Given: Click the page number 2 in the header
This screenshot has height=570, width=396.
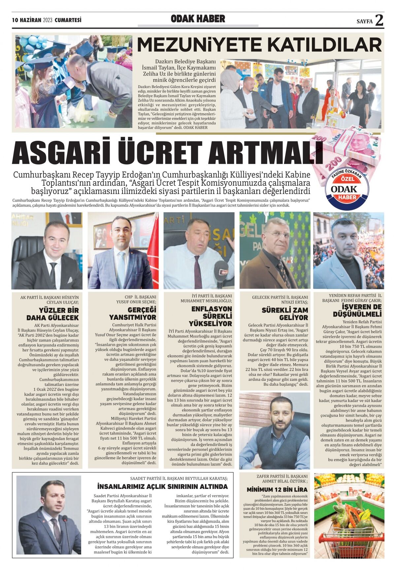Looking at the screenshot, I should pos(379,20).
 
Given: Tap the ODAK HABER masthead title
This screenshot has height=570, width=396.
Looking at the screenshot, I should pos(198,19).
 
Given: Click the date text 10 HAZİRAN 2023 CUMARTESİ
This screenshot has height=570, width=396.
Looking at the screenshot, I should pos(47,20).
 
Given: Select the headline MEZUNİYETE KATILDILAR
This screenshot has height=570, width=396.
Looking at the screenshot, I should pos(259,45).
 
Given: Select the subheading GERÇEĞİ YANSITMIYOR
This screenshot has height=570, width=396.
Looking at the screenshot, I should pos(133,314).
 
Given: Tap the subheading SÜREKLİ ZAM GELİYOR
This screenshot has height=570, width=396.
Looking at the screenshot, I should pos(285,314).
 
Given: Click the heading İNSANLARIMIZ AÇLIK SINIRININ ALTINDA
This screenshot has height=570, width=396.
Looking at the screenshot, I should pos(162,487).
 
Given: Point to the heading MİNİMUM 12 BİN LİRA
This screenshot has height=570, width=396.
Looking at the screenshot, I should pos(277,490).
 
